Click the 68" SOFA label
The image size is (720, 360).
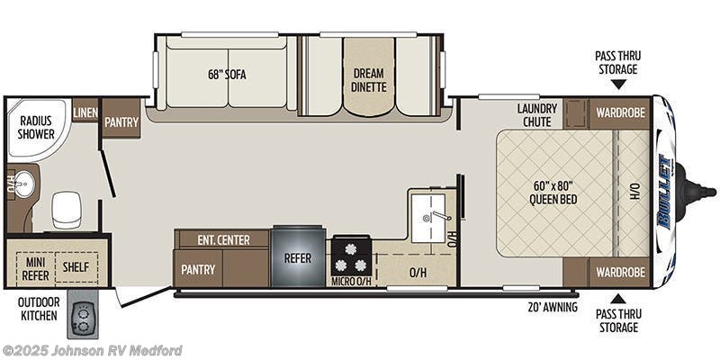coord(226,75)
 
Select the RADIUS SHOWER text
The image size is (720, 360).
coord(35,127)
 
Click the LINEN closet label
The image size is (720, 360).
coord(85,111)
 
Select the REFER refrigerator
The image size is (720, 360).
coord(297,256)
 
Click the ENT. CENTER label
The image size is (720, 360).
coord(222,239)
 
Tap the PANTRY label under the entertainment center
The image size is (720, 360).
coord(198,268)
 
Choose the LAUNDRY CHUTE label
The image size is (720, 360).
coord(537,115)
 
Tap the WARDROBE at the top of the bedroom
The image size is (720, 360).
coord(618,112)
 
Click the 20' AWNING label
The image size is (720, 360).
coord(552,306)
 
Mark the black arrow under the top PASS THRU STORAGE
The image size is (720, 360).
coord(617,85)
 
